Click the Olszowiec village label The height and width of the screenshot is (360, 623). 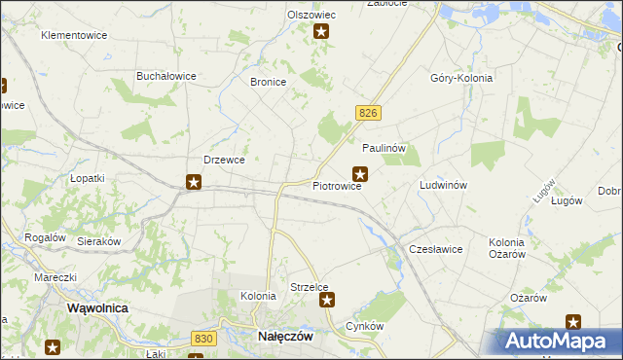coord(311,15)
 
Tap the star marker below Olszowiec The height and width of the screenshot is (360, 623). coord(321,31)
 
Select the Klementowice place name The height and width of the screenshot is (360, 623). coord(73,35)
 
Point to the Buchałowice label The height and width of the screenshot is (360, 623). coord(166,76)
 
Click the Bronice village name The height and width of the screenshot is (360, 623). coord(268,83)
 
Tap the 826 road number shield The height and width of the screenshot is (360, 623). coord(367,114)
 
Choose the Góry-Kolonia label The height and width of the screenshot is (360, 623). coord(461,78)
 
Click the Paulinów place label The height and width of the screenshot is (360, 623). coord(384,148)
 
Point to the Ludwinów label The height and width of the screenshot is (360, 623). coord(444,185)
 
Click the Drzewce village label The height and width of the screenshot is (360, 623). coord(223,160)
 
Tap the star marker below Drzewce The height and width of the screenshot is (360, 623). coord(194,181)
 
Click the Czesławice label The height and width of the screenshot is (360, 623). coord(435,249)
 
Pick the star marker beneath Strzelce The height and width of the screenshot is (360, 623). coord(327,301)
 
